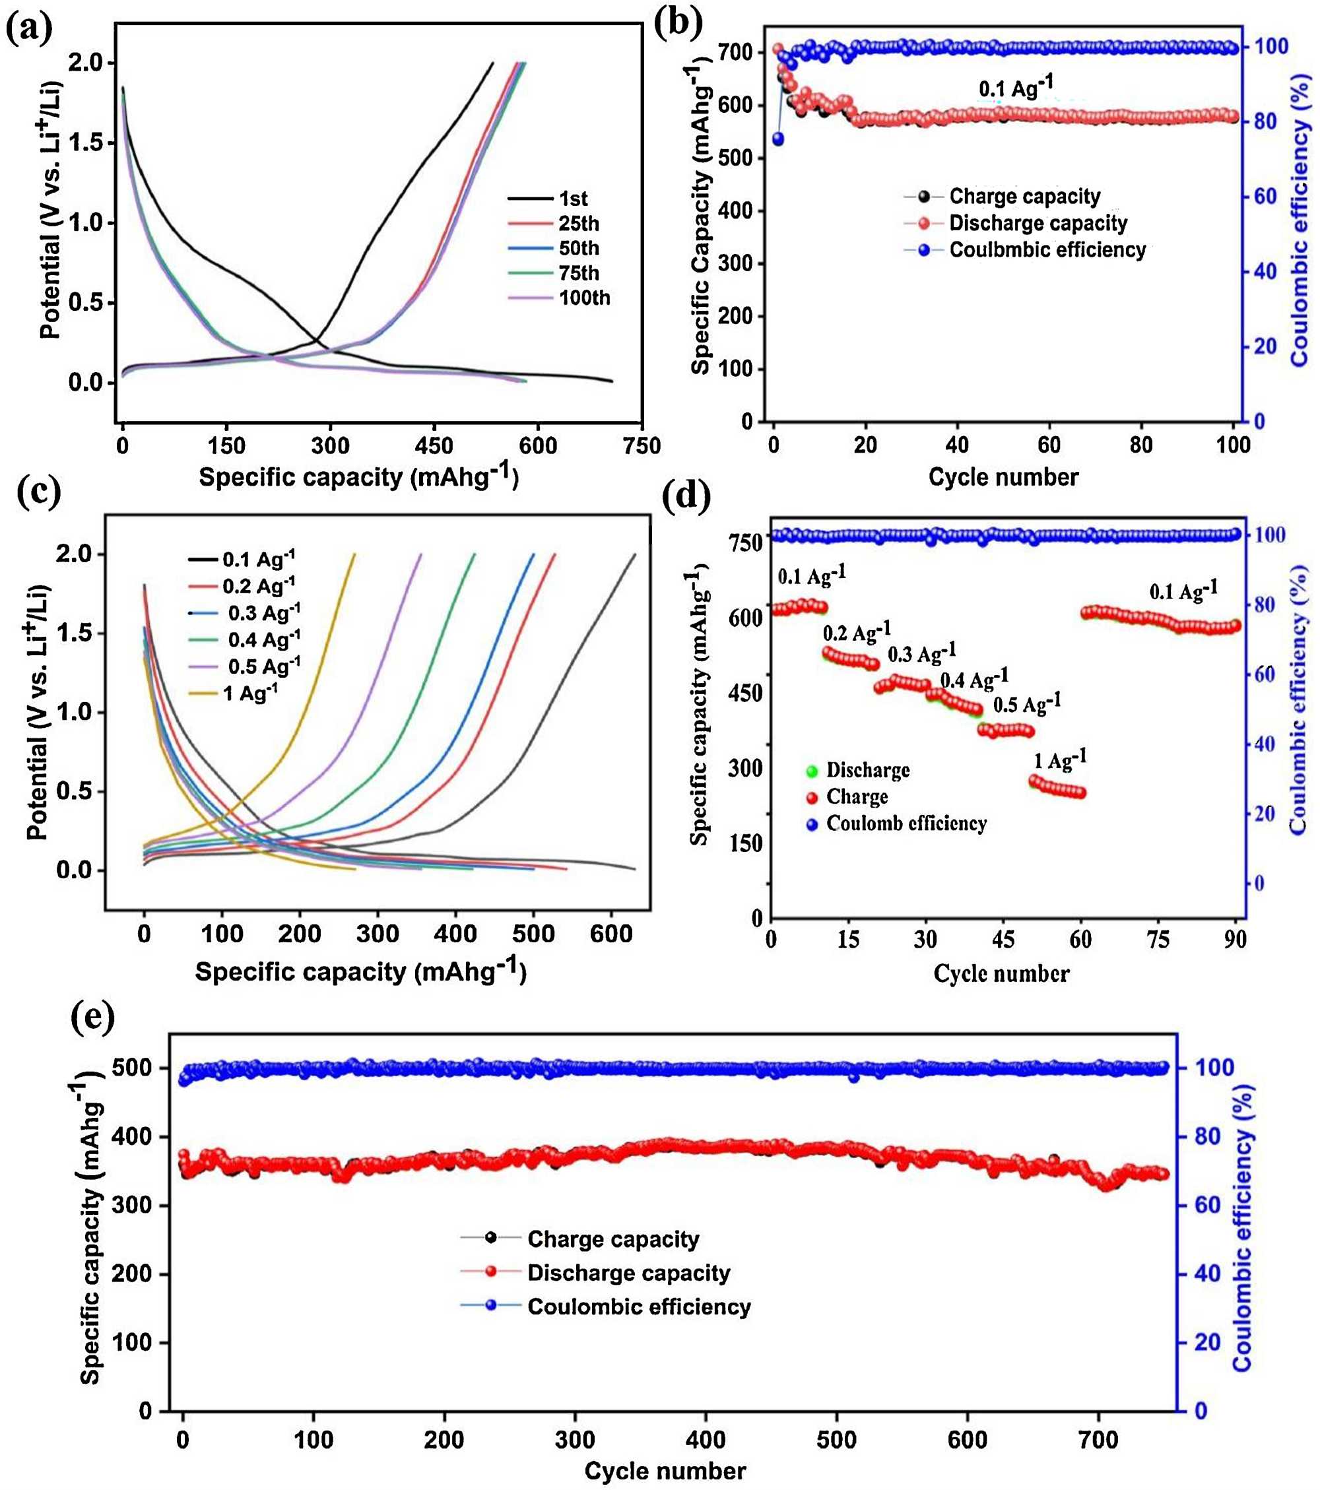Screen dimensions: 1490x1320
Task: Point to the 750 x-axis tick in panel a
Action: click(642, 445)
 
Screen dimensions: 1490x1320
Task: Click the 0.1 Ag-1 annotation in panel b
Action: click(1015, 88)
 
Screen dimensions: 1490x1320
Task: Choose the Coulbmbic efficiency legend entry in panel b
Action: click(1047, 250)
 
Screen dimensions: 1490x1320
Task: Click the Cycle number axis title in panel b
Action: click(1003, 478)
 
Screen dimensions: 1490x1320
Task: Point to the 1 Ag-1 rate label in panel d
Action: click(1061, 761)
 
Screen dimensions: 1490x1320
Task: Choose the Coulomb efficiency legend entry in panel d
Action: click(906, 824)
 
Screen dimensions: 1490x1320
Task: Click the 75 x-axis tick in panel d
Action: click(1158, 940)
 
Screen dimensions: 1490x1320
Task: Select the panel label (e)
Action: click(92, 1018)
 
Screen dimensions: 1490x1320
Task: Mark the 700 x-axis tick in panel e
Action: click(1098, 1441)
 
